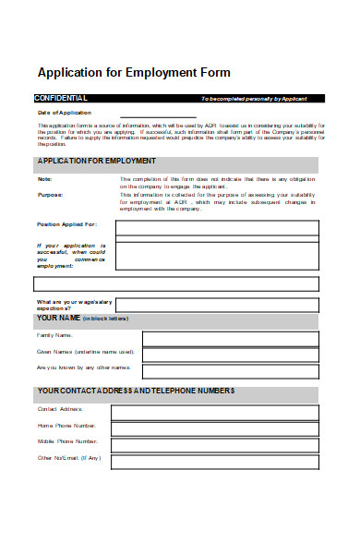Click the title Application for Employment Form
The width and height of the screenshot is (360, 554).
point(133,72)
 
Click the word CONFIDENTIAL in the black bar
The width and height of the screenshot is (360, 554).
point(61,98)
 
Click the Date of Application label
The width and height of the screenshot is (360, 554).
point(65,113)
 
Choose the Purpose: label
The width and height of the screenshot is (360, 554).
point(50,195)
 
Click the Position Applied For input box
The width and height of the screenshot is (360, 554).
point(217,228)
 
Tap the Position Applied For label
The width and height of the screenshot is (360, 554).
point(66,224)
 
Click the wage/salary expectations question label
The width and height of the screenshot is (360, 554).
point(72,305)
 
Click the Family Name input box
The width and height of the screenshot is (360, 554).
point(231,338)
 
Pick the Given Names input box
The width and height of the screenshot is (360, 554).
point(231,354)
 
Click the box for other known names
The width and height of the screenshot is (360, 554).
point(231,369)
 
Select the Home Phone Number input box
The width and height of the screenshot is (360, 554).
point(217,427)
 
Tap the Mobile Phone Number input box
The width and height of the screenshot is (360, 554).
point(217,443)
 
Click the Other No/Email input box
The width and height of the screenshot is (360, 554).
point(217,460)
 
